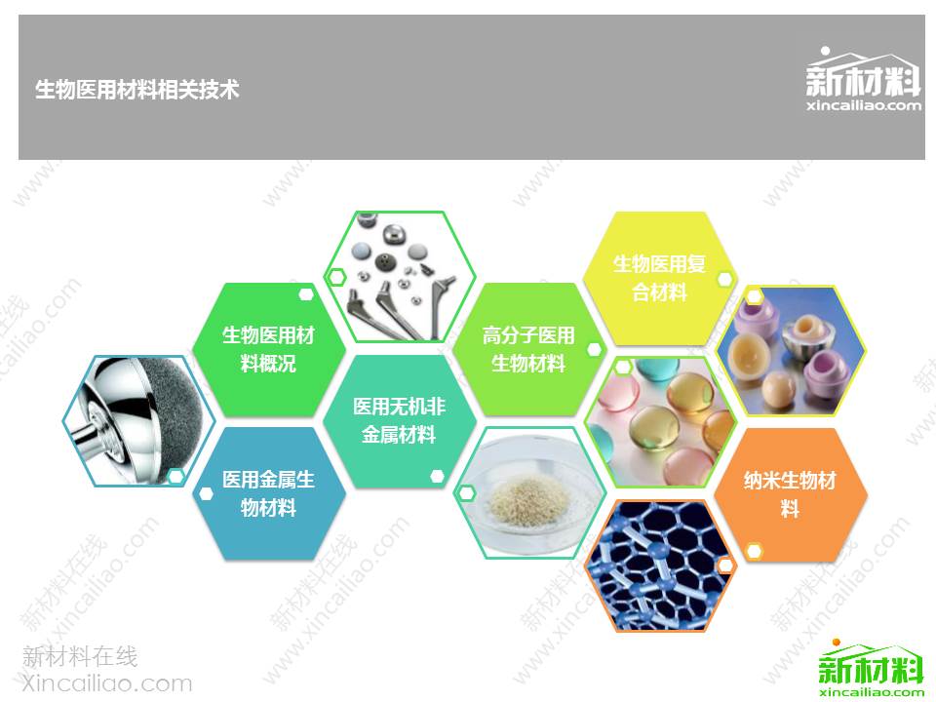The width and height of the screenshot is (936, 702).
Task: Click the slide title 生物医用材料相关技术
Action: click(136, 90)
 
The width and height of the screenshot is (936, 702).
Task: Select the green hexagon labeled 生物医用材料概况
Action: click(269, 349)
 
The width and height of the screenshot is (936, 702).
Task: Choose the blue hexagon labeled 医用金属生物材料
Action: click(269, 493)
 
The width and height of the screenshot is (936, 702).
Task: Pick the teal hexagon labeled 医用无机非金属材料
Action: click(399, 421)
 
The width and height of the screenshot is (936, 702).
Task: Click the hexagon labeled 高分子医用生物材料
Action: click(528, 349)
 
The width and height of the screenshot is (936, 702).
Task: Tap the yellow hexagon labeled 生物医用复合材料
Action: click(660, 278)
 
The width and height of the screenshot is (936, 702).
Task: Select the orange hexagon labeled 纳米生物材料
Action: click(790, 494)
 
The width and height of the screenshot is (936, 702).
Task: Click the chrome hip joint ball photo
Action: click(138, 421)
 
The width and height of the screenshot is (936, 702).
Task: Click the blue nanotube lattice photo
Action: click(660, 565)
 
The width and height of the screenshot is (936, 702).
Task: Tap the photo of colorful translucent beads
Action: click(660, 421)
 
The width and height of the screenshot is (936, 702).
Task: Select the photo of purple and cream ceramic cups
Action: click(790, 350)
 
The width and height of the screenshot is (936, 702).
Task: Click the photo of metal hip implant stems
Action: click(399, 277)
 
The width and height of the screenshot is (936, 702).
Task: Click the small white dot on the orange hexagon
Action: click(755, 550)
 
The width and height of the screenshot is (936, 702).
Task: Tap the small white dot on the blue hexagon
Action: click(206, 493)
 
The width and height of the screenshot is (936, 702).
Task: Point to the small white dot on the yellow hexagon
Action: click(724, 279)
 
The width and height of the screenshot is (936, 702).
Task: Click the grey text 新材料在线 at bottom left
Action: click(80, 656)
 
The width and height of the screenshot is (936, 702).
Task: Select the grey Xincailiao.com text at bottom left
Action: click(107, 682)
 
